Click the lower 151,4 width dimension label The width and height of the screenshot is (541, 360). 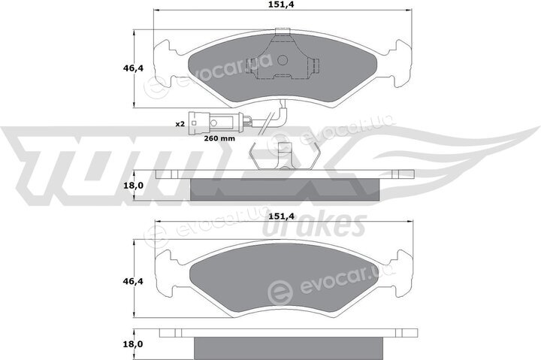pos(282,216)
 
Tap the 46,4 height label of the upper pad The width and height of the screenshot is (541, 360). pos(133,68)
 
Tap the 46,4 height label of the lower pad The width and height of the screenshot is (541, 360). pos(133,281)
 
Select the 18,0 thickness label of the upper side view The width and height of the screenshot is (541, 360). pos(133,186)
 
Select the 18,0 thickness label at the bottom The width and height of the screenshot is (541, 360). pos(133,344)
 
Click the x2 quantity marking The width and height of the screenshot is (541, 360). pos(180,124)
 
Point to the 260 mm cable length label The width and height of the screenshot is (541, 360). pos(219,138)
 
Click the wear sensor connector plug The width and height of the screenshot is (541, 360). pos(212,123)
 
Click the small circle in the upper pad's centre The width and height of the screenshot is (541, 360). pos(283,60)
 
